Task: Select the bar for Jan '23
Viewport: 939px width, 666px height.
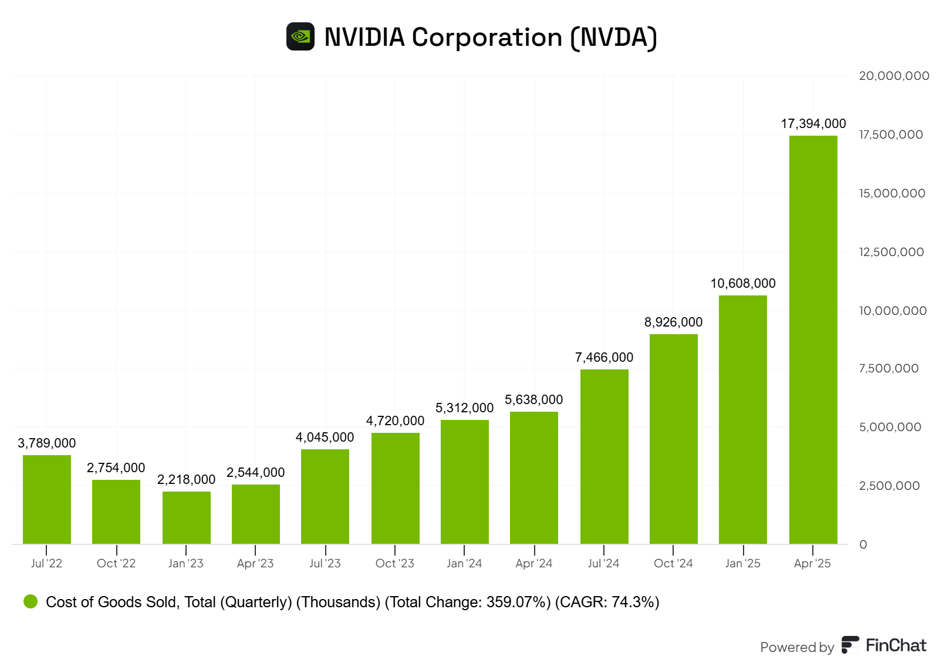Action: [186, 517]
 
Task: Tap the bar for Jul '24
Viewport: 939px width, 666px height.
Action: [604, 456]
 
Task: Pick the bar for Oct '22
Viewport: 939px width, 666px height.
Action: [116, 512]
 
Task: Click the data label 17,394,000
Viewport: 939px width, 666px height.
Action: [813, 124]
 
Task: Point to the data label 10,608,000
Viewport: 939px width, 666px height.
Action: [743, 284]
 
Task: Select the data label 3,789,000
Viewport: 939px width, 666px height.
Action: [47, 443]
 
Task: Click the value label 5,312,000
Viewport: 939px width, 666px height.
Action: [464, 408]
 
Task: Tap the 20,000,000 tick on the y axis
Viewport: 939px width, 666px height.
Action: [894, 76]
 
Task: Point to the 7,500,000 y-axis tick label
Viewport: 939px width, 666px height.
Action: [889, 368]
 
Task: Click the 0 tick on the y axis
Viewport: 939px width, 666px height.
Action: [863, 544]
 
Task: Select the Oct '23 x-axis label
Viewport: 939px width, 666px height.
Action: [394, 563]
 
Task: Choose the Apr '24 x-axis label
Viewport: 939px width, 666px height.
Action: [534, 563]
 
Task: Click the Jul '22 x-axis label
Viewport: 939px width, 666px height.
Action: [46, 563]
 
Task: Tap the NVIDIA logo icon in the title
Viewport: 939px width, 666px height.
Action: [300, 37]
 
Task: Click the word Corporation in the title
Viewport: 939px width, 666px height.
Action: [487, 38]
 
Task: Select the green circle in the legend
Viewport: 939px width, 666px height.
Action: [31, 601]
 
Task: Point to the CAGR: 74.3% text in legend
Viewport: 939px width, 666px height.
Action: [607, 602]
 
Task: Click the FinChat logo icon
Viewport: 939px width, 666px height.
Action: [850, 645]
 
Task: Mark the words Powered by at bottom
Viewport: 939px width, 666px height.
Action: [796, 647]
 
